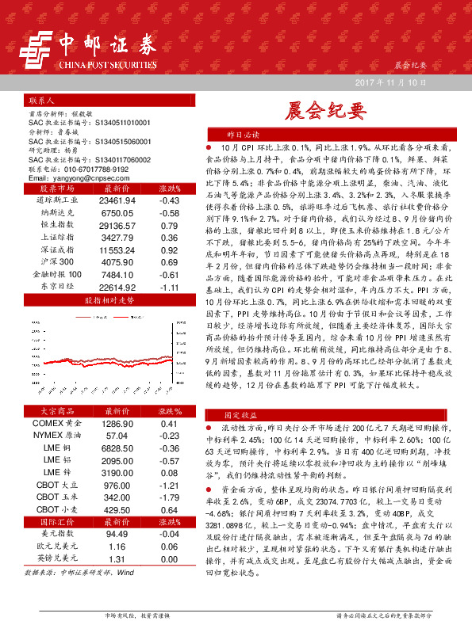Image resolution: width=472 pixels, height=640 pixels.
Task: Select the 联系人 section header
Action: [40, 102]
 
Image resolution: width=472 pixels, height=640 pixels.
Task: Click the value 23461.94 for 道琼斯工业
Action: [118, 201]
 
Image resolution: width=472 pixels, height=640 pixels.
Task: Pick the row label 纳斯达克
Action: [55, 213]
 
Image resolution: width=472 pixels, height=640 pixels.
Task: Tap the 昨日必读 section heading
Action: [244, 135]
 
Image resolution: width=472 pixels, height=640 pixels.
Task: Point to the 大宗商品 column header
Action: [55, 412]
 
